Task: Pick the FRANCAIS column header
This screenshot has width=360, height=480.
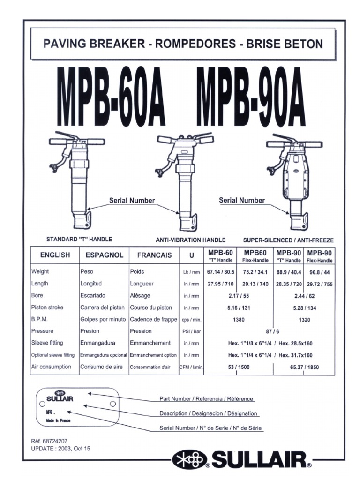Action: coord(154,255)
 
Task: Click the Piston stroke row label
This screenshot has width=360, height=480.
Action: coord(47,307)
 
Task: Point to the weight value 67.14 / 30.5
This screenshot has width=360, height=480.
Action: coord(220,272)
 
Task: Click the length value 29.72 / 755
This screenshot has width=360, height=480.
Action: coord(319,284)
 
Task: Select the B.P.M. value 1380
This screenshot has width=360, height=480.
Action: coord(239,320)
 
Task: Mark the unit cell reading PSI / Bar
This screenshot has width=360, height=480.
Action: coord(191,332)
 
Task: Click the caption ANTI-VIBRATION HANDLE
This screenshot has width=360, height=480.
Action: coord(190,240)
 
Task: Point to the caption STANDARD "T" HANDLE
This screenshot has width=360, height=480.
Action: coord(79,239)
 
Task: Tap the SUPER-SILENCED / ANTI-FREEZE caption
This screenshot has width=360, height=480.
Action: coord(288,240)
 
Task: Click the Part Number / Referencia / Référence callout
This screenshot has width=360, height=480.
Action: coord(207,399)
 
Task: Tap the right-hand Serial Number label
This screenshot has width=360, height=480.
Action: coord(242,200)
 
